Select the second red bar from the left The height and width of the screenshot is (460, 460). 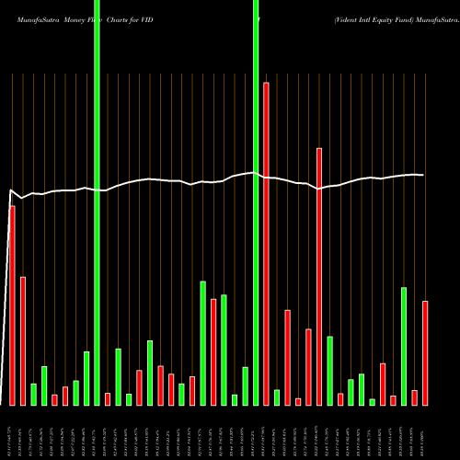[x=23, y=340]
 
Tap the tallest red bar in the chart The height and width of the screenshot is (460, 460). [x=266, y=244]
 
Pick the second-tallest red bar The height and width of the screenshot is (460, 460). [x=319, y=276]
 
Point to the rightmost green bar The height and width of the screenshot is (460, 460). [x=404, y=346]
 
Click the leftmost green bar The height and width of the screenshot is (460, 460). [x=33, y=394]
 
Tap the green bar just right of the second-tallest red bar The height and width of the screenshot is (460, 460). [x=329, y=371]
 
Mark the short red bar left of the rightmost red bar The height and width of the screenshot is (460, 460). [x=415, y=397]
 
